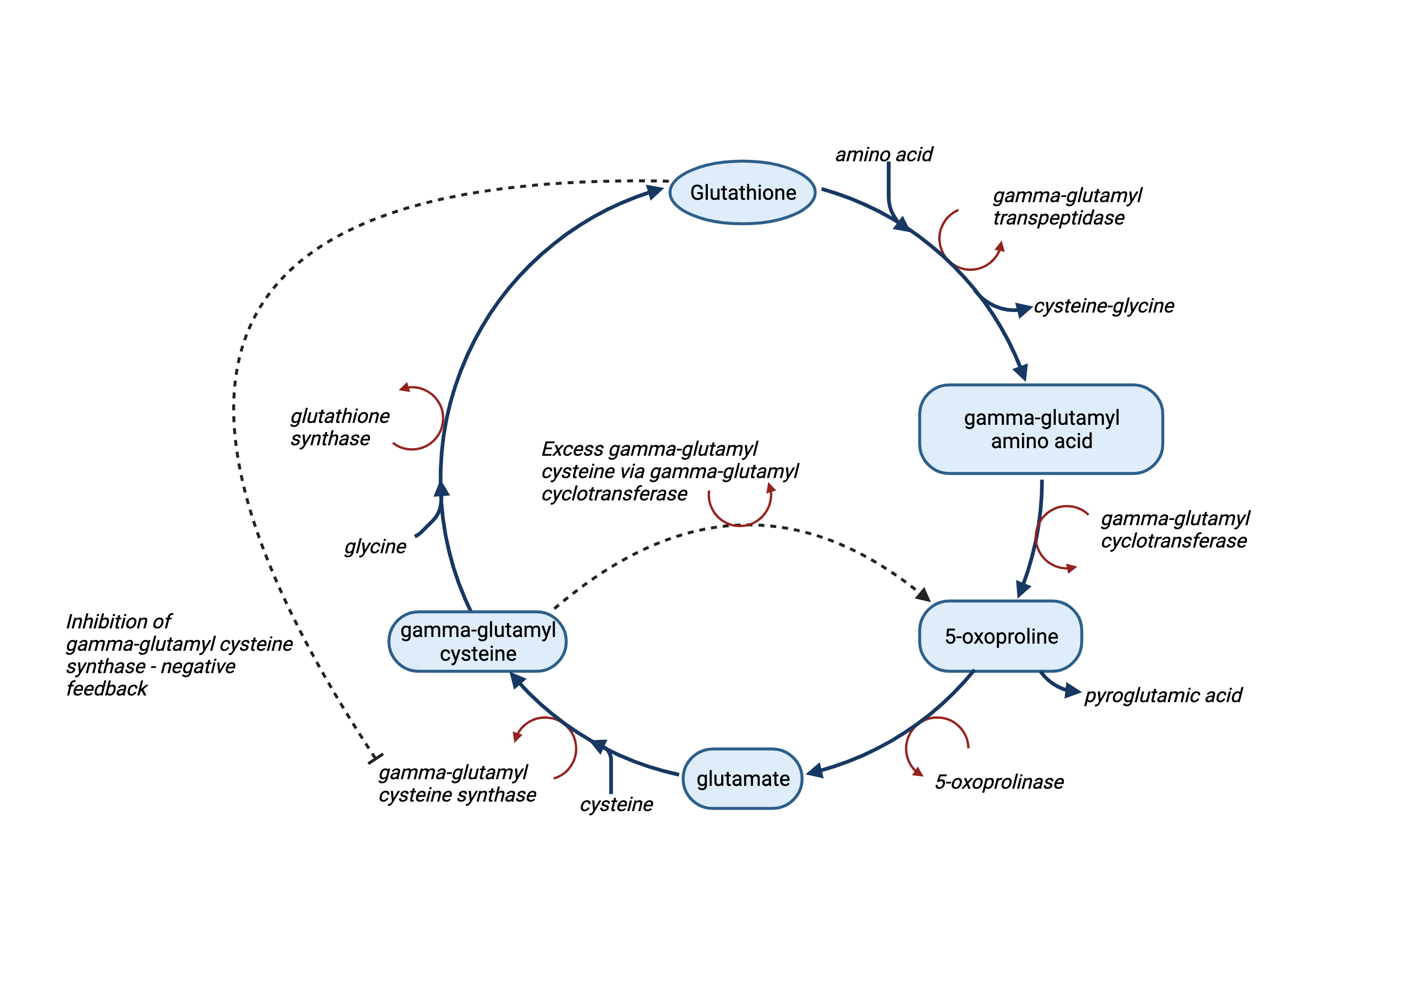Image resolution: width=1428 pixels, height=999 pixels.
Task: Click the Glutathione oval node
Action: tap(742, 193)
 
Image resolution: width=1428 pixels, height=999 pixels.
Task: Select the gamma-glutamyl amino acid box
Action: tap(1041, 429)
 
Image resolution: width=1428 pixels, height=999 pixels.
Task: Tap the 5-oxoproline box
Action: tap(1001, 636)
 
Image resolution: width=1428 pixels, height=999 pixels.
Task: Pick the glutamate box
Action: tap(743, 778)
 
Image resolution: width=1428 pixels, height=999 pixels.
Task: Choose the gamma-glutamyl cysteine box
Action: tap(477, 642)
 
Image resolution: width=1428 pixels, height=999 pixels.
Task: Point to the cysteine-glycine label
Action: tap(1103, 306)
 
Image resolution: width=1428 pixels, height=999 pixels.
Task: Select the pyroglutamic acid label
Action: tap(1162, 695)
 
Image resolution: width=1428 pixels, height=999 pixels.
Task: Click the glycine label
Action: tap(375, 547)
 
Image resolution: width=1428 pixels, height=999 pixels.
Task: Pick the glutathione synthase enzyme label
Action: tap(339, 427)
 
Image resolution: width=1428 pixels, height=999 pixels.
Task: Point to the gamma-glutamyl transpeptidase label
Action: tap(1067, 206)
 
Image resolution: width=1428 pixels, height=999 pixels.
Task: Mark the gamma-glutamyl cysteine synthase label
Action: tap(457, 784)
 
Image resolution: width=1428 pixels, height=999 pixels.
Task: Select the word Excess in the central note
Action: tap(572, 448)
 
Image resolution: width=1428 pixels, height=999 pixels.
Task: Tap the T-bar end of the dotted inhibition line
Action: tap(376, 758)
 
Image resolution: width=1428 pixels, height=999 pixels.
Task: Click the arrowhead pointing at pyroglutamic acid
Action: tap(1072, 691)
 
